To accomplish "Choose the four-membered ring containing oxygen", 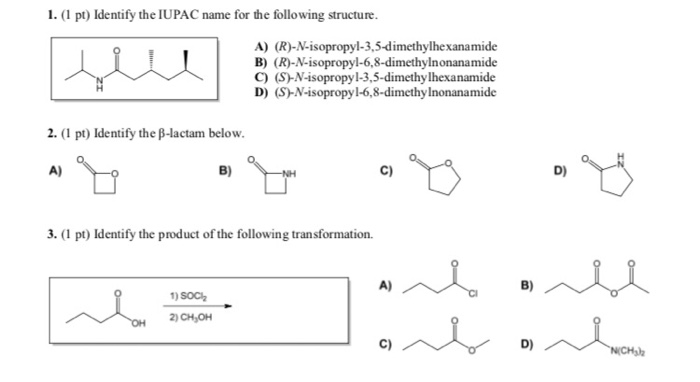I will [98, 180].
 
